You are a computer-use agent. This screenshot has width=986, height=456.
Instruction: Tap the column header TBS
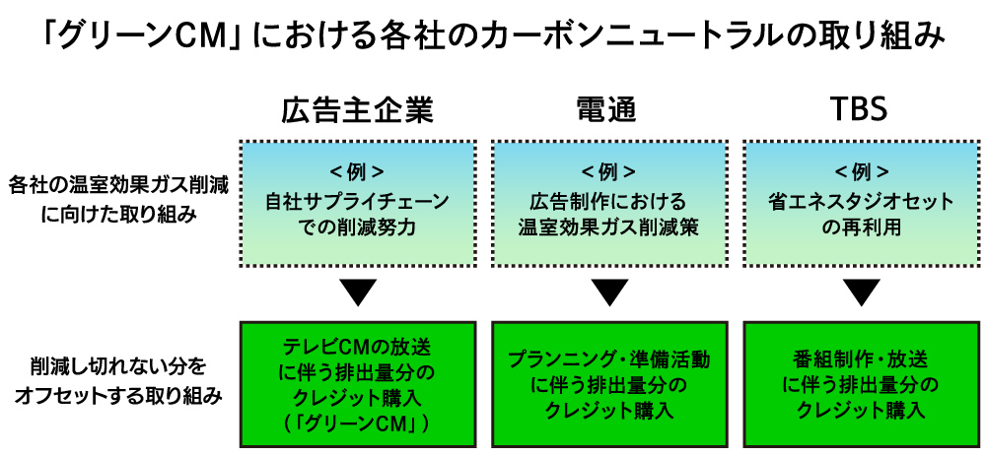coord(861,110)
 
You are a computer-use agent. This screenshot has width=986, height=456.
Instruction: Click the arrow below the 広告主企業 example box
coord(358,293)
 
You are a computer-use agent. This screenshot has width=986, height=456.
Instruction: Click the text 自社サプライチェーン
coord(358,202)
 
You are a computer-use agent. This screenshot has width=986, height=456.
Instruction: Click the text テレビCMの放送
coord(358,348)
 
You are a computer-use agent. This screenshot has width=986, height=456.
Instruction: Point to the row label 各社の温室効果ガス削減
coord(119,185)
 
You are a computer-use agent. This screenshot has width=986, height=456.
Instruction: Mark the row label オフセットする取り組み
coord(119,396)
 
